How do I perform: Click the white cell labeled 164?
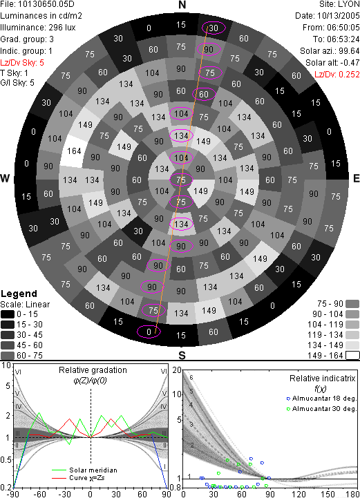coord(74,151)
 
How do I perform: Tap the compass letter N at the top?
coord(182,5)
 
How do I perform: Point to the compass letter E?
coord(356,178)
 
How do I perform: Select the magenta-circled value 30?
coord(214,28)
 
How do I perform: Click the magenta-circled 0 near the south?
coord(149,332)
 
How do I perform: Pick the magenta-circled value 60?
coord(204,94)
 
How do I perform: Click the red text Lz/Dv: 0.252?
coord(337,75)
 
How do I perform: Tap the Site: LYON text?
coord(339,4)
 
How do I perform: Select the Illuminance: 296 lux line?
coord(38,28)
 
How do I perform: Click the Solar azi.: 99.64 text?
coord(330,51)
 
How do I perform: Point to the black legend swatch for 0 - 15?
coord(8,314)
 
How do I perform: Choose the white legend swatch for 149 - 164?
coord(352,356)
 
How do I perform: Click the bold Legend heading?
coord(19,294)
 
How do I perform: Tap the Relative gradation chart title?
coord(93,370)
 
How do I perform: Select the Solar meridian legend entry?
coord(84,470)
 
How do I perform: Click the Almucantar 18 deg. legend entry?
coord(321,399)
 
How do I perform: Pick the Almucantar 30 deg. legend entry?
coord(321,409)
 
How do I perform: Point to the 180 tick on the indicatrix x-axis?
coord(352,494)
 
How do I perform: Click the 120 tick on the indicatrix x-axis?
coord(299,494)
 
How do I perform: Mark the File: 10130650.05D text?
coord(38,4)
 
